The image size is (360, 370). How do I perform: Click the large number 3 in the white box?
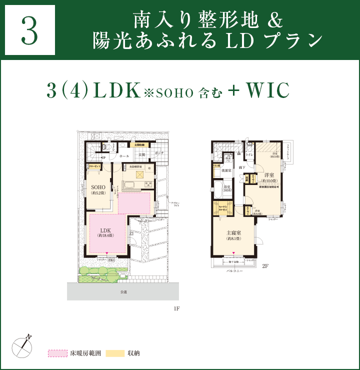tap(29, 30)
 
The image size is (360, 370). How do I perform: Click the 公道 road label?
tap(123, 291)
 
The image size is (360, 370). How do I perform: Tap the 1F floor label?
tap(176, 308)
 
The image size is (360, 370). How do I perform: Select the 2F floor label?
tap(265, 266)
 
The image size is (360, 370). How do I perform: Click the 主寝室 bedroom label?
tap(233, 232)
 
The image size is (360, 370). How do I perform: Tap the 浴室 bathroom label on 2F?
tap(227, 187)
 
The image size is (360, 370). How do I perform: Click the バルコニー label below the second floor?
tap(234, 270)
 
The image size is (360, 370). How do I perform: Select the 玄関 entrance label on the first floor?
tap(142, 155)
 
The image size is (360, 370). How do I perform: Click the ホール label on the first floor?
tap(124, 156)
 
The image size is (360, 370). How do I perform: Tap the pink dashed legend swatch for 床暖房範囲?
tap(57, 353)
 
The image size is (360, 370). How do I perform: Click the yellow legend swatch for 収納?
tap(114, 353)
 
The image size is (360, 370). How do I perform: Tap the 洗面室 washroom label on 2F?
tap(226, 170)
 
